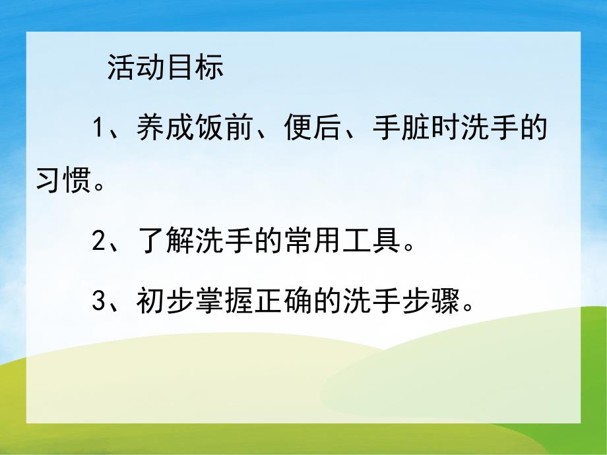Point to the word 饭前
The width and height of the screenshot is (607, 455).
click(x=222, y=127)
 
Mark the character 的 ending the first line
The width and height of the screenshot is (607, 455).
click(x=531, y=127)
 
